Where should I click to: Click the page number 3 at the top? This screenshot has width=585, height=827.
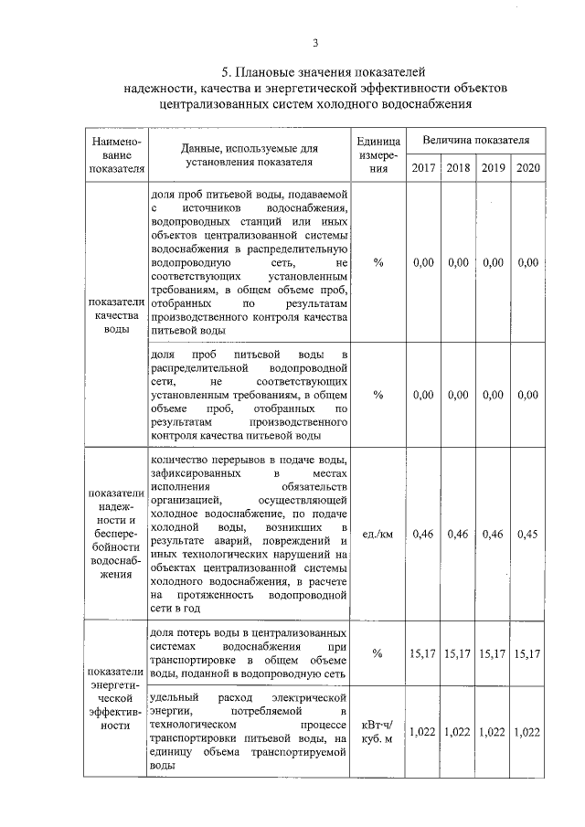coord(314,42)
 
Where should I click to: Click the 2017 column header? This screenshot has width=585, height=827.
coord(423,167)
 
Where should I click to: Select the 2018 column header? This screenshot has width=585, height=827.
coord(458,167)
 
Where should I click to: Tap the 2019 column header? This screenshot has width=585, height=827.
coord(493,167)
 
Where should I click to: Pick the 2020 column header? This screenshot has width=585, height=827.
coord(527,167)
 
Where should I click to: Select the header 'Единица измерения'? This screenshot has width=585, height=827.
coord(378,155)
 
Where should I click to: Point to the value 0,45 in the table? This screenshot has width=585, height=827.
coord(527,533)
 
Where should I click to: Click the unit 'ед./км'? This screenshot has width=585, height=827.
coord(378,533)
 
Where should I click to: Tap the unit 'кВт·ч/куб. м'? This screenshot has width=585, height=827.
coord(378,731)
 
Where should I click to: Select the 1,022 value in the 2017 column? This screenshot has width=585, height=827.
coord(423,731)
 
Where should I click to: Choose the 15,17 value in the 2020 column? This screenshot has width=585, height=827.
coord(527,652)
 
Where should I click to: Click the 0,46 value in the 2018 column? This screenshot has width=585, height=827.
coord(458,533)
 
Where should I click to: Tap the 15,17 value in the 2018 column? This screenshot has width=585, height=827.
coord(458,652)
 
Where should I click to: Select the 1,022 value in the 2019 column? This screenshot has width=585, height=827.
coord(493,731)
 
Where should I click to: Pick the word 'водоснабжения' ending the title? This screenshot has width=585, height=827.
coord(426,104)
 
